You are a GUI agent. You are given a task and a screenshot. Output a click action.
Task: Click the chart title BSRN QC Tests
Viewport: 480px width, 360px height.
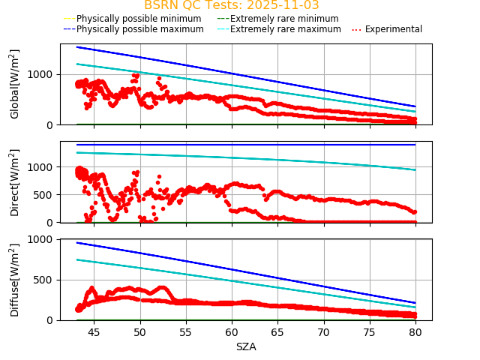point(232,5)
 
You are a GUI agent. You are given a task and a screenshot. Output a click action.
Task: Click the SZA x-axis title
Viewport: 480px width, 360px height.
point(246,346)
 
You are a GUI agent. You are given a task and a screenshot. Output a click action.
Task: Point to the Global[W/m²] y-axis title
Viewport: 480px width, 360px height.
point(15,84)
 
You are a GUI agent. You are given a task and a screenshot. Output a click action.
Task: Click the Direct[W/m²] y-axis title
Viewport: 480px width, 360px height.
point(15,182)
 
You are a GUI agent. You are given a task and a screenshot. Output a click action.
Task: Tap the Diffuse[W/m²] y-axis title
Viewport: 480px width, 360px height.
point(15,280)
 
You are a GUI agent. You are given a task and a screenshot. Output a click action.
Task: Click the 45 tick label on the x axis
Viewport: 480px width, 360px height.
point(94,331)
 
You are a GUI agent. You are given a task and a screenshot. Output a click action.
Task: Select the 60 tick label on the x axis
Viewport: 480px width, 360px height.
point(232,331)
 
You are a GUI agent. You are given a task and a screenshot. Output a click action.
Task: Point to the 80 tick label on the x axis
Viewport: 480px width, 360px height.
point(415,331)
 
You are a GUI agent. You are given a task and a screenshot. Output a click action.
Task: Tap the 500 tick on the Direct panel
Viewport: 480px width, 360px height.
point(44,195)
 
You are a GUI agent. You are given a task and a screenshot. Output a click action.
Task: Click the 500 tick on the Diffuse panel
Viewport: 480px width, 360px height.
point(44,280)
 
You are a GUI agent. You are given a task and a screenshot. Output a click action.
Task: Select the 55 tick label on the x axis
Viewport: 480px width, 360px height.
point(186,331)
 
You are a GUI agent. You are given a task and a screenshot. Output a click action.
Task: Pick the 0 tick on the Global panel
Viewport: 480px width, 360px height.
point(51,124)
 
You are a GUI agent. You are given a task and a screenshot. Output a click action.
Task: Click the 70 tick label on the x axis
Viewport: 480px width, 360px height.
point(324,331)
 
